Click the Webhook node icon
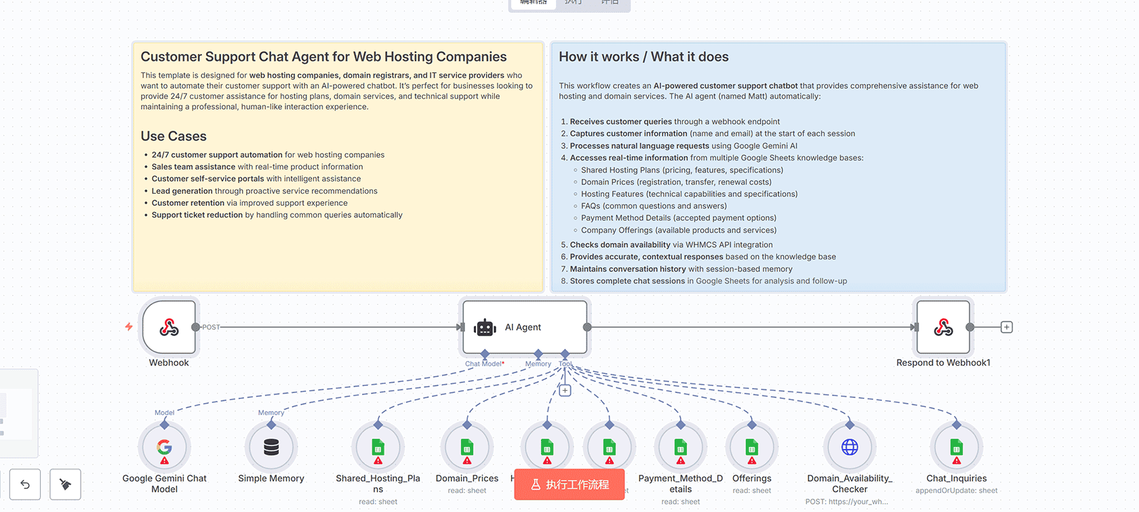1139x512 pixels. tap(169, 328)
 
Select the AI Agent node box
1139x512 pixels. tap(524, 327)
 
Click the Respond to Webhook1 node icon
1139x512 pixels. tap(943, 328)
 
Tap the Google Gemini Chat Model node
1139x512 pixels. tap(164, 448)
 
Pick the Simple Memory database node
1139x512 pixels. tap(271, 448)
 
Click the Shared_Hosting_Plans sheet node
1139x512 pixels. tap(378, 448)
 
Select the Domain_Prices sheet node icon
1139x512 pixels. tap(467, 448)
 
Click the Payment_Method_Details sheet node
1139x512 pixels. tap(681, 448)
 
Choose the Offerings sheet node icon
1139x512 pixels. tap(752, 448)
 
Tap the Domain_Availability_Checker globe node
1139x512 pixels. tap(850, 448)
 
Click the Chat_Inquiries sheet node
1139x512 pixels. tap(957, 448)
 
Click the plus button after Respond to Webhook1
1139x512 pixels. tap(1007, 327)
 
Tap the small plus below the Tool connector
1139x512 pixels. tap(565, 391)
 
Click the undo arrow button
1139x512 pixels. tap(25, 484)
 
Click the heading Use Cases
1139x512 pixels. tap(174, 136)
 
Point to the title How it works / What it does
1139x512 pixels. tap(643, 57)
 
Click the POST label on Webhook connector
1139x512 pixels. tap(212, 327)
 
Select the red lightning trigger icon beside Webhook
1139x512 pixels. tap(129, 326)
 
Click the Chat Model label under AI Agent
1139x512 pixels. tap(483, 364)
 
